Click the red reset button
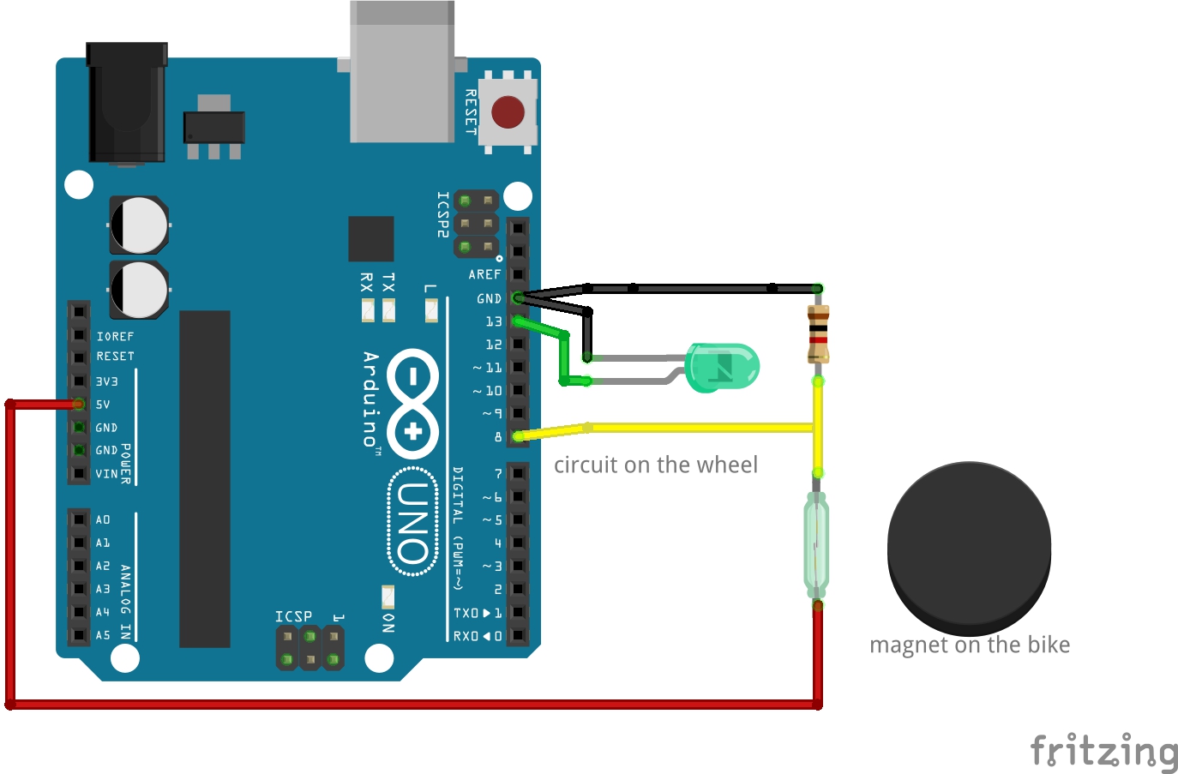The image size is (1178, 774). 508,111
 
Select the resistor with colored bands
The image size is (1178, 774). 818,334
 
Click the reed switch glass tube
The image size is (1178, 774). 816,544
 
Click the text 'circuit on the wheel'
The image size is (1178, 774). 656,465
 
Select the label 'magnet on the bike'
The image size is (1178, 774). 970,645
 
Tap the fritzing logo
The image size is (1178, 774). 1103,751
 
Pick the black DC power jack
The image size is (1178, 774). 127,103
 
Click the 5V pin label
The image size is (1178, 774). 103,405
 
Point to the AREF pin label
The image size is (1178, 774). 484,275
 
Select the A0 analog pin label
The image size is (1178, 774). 103,520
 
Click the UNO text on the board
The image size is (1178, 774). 413,523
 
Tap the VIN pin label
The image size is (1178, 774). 106,474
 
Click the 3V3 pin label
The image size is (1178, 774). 106,381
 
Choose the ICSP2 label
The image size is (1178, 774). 442,214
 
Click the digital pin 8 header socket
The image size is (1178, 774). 518,436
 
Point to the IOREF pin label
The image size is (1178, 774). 115,337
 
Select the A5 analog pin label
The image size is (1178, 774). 103,636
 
